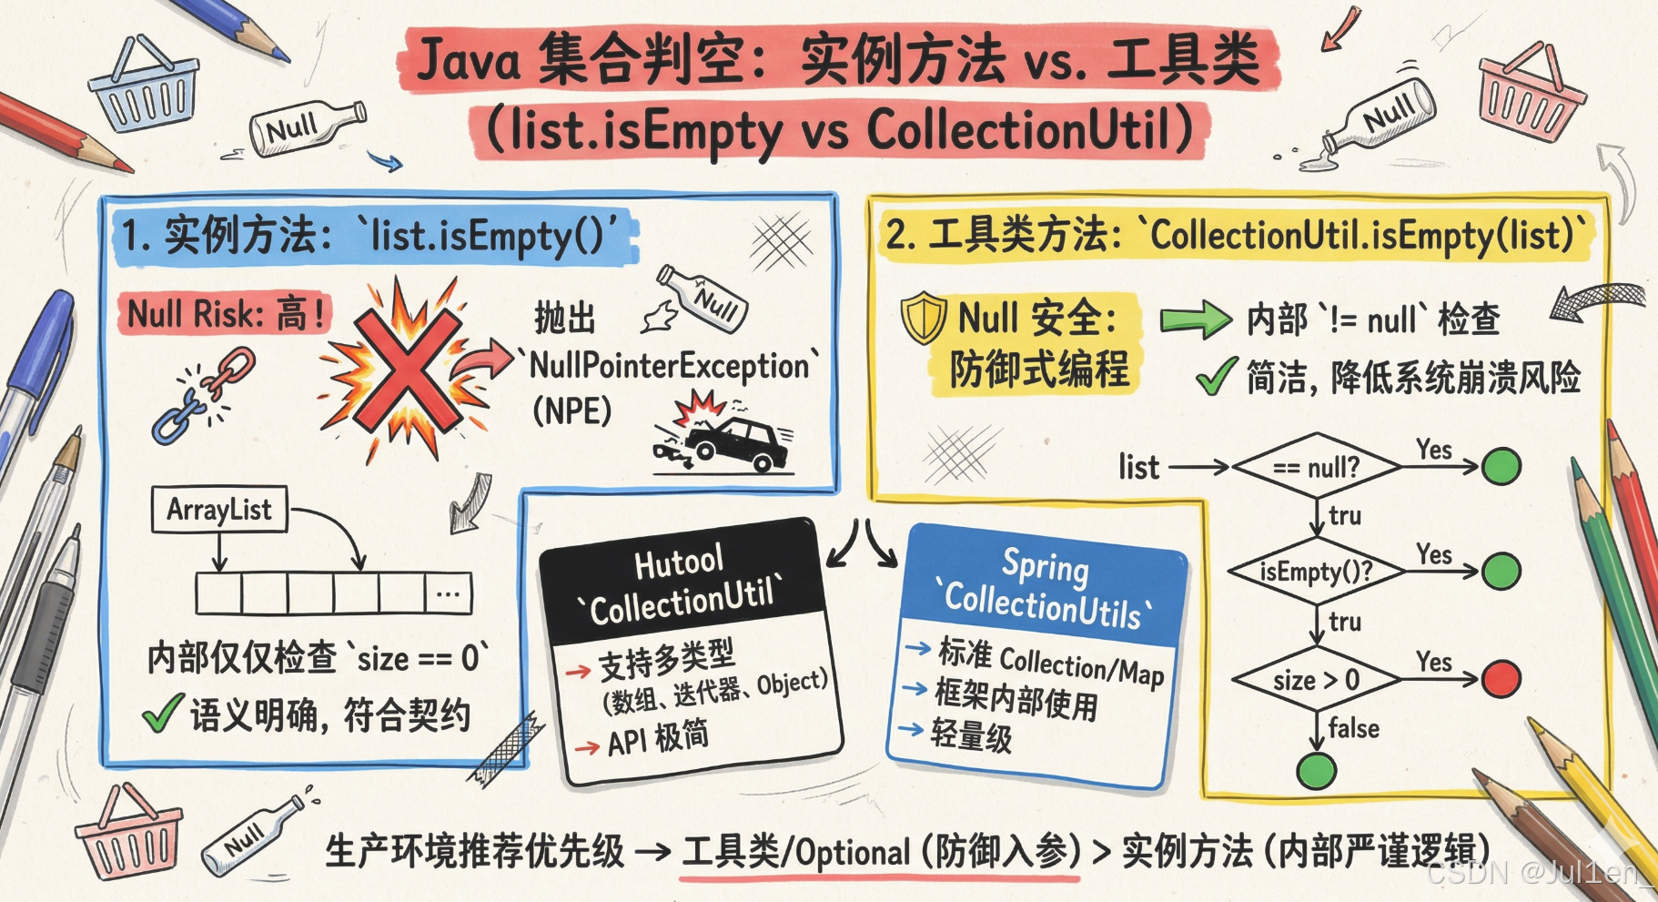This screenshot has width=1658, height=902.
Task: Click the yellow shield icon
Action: tap(924, 317)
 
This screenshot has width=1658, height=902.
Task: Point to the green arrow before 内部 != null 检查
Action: tap(1195, 320)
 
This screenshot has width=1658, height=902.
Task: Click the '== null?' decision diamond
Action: tap(1316, 467)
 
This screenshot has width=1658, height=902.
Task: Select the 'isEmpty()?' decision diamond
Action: tap(1316, 572)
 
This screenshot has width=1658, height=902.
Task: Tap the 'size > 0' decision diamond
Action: tap(1316, 679)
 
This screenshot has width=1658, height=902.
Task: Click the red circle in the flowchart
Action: tap(1501, 678)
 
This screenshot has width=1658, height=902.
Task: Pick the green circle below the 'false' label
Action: tap(1316, 771)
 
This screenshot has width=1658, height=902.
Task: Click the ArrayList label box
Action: tap(219, 510)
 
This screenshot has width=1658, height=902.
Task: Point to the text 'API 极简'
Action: tap(657, 738)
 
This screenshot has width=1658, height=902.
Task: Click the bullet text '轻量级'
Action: tap(971, 735)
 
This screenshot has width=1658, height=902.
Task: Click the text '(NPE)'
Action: tap(571, 411)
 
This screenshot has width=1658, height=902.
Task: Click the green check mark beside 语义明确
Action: tap(162, 715)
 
